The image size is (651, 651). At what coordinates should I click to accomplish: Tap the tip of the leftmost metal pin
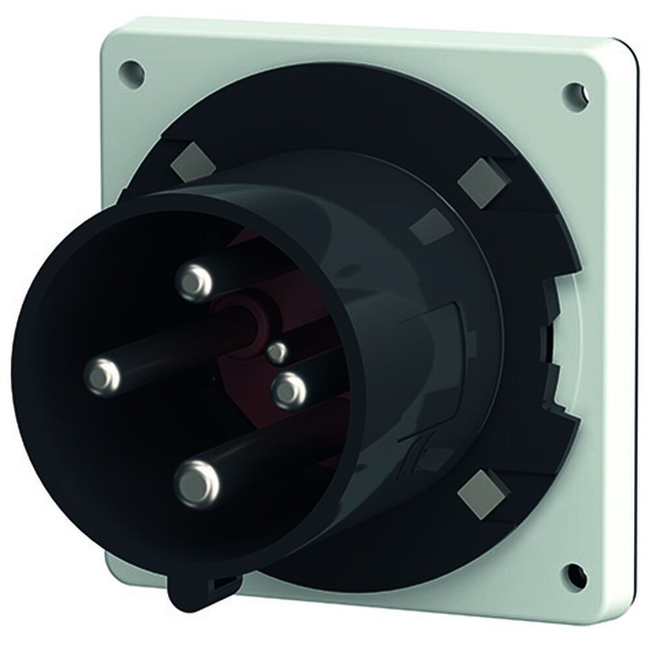point(104,374)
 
